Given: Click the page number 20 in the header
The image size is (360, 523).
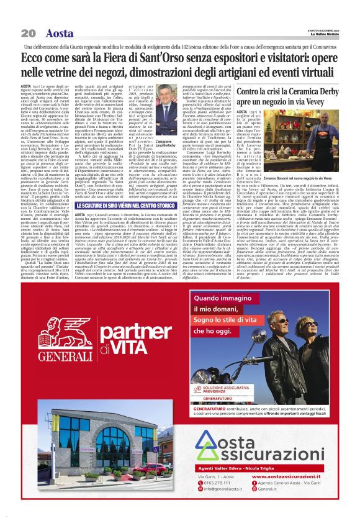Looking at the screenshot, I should coord(28,32).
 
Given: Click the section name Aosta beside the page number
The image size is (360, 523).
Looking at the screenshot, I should coord(60,32).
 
